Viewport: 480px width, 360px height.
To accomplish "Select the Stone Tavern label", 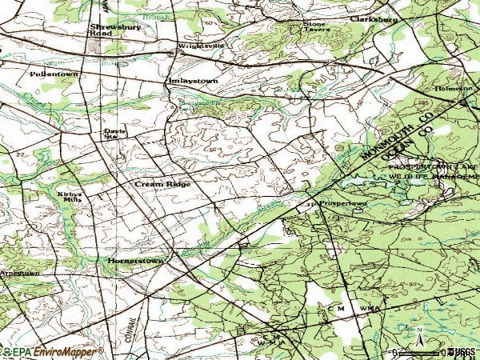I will click(x=315, y=28).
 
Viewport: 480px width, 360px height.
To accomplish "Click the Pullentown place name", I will click(x=54, y=73).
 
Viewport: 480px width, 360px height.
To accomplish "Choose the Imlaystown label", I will click(x=191, y=81).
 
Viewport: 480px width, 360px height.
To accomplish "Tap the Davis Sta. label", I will click(x=110, y=134).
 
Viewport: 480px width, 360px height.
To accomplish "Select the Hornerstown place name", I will click(x=135, y=261).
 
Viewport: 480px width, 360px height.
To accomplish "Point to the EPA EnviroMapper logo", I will click(x=52, y=351).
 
